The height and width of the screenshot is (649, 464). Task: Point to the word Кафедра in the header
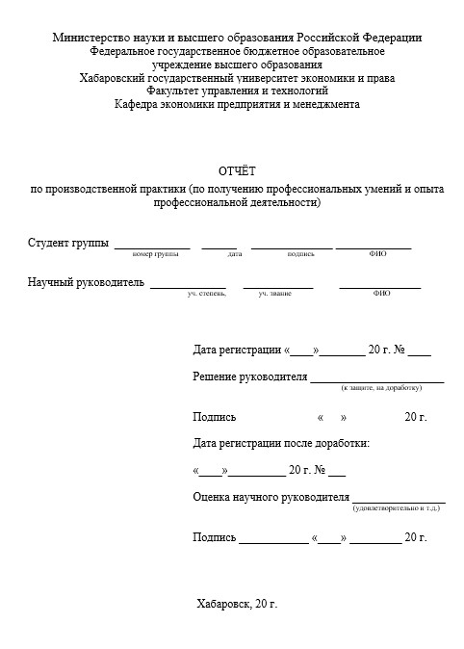[138, 104]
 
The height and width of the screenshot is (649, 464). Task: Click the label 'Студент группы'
[68, 242]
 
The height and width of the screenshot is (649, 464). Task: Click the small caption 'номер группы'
[155, 254]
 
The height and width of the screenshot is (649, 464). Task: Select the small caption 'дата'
[234, 254]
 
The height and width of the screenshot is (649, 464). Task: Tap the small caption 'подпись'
[300, 254]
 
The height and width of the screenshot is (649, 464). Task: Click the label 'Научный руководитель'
[86, 282]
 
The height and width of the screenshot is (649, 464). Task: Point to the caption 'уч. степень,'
[206, 293]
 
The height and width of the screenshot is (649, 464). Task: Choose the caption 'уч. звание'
[274, 293]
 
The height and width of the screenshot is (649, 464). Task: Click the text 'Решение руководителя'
[249, 376]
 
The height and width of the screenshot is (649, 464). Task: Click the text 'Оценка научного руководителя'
[270, 497]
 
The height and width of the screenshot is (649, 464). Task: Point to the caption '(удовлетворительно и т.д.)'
[399, 507]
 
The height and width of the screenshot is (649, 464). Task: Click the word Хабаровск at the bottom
[223, 605]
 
